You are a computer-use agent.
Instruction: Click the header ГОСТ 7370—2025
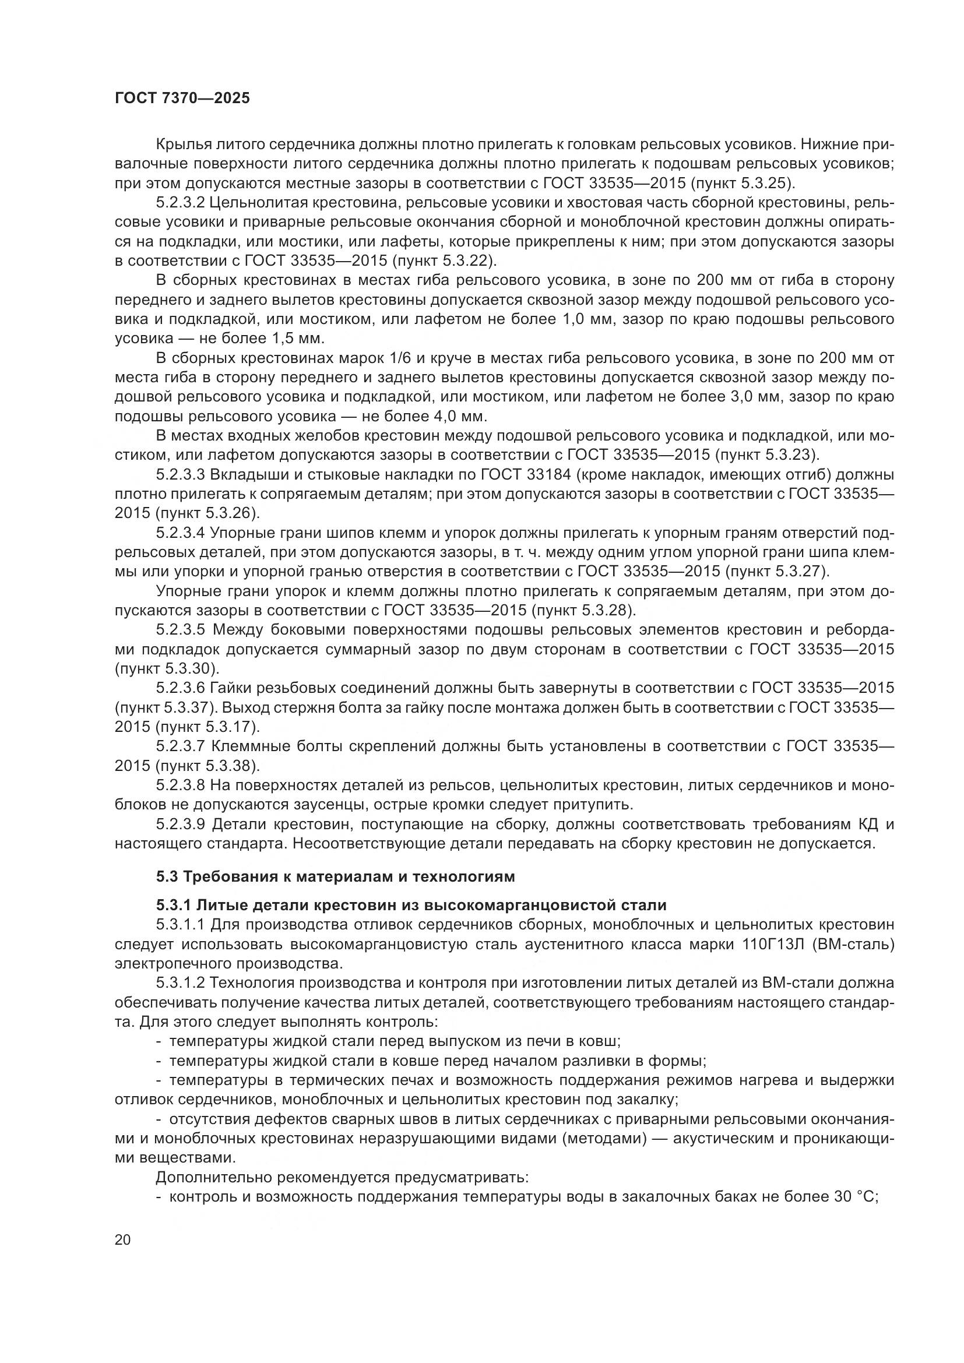point(182,98)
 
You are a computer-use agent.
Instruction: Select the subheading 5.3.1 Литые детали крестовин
point(411,906)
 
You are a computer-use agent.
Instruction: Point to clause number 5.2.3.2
point(181,202)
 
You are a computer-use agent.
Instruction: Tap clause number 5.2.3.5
point(181,631)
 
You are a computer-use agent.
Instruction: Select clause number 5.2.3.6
point(181,689)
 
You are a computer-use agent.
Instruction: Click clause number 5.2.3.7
point(181,747)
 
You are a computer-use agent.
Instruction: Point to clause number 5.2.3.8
point(181,786)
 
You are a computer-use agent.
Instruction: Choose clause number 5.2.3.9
point(181,825)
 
